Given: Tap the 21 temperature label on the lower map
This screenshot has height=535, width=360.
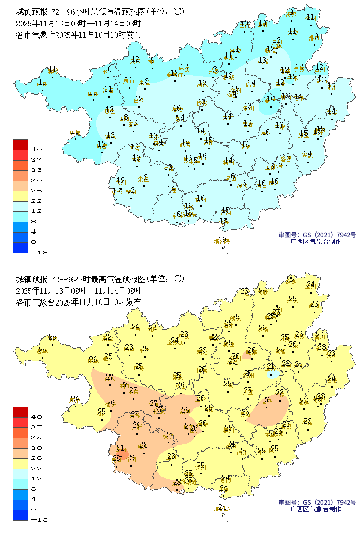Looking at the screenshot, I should pyautogui.click(x=271, y=366).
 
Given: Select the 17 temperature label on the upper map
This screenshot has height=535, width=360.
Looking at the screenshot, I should pyautogui.click(x=279, y=125).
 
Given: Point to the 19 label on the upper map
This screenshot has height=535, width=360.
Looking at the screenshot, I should pyautogui.click(x=222, y=240).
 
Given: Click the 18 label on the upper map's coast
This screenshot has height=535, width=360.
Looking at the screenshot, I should pyautogui.click(x=223, y=221).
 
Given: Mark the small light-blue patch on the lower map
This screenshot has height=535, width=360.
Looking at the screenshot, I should pyautogui.click(x=274, y=373).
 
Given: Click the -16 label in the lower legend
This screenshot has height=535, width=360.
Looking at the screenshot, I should pyautogui.click(x=39, y=520).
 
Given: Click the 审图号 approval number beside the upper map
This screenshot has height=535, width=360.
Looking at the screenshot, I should pyautogui.click(x=317, y=235).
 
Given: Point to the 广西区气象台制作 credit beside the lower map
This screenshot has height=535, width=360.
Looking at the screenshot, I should pyautogui.click(x=315, y=509).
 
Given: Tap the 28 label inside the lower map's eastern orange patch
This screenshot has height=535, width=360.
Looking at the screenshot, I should pyautogui.click(x=279, y=393).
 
